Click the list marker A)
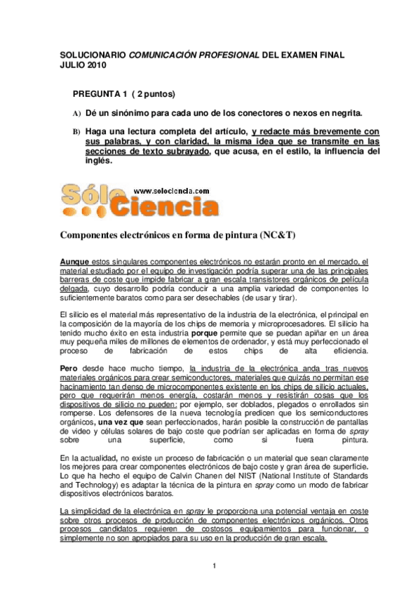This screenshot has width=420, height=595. [77, 114]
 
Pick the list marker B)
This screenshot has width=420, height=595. [77, 132]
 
